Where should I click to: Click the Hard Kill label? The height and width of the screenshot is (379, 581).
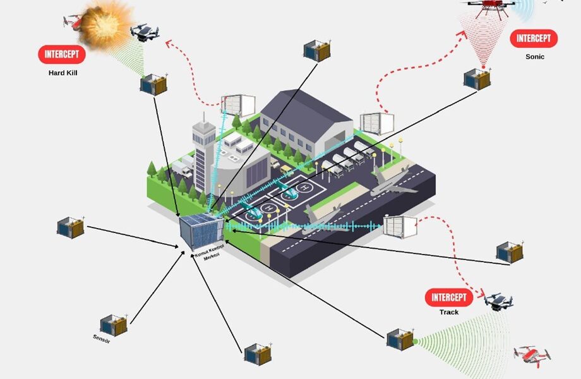click(63, 73)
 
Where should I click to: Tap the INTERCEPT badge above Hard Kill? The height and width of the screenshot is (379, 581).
click(62, 54)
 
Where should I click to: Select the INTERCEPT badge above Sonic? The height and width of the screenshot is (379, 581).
click(534, 39)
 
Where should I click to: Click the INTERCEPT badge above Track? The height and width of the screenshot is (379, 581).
click(449, 298)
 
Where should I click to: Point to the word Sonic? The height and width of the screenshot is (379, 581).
click(534, 57)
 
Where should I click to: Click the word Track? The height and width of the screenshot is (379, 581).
click(449, 312)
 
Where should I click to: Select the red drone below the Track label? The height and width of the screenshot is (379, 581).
click(532, 357)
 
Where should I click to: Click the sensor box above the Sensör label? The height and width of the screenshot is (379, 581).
click(114, 325)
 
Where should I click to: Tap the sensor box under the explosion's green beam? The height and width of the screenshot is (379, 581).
click(153, 84)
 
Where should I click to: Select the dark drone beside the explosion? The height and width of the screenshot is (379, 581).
click(145, 32)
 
